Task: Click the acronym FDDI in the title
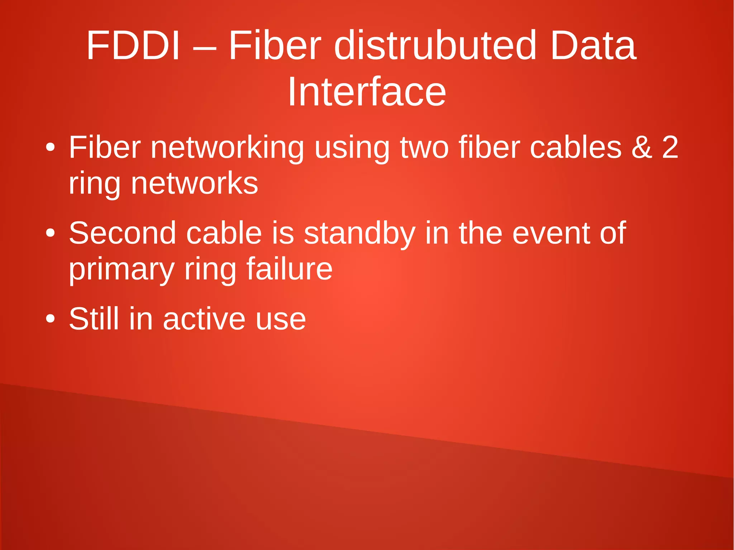133,46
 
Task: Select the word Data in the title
593,46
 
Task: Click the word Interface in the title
367,92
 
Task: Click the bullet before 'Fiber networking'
51,148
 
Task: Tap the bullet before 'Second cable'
51,233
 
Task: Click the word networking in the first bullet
227,148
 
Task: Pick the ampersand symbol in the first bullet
642,148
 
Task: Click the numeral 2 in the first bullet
670,148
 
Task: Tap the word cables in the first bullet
576,148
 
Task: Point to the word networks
194,183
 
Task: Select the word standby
359,233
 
